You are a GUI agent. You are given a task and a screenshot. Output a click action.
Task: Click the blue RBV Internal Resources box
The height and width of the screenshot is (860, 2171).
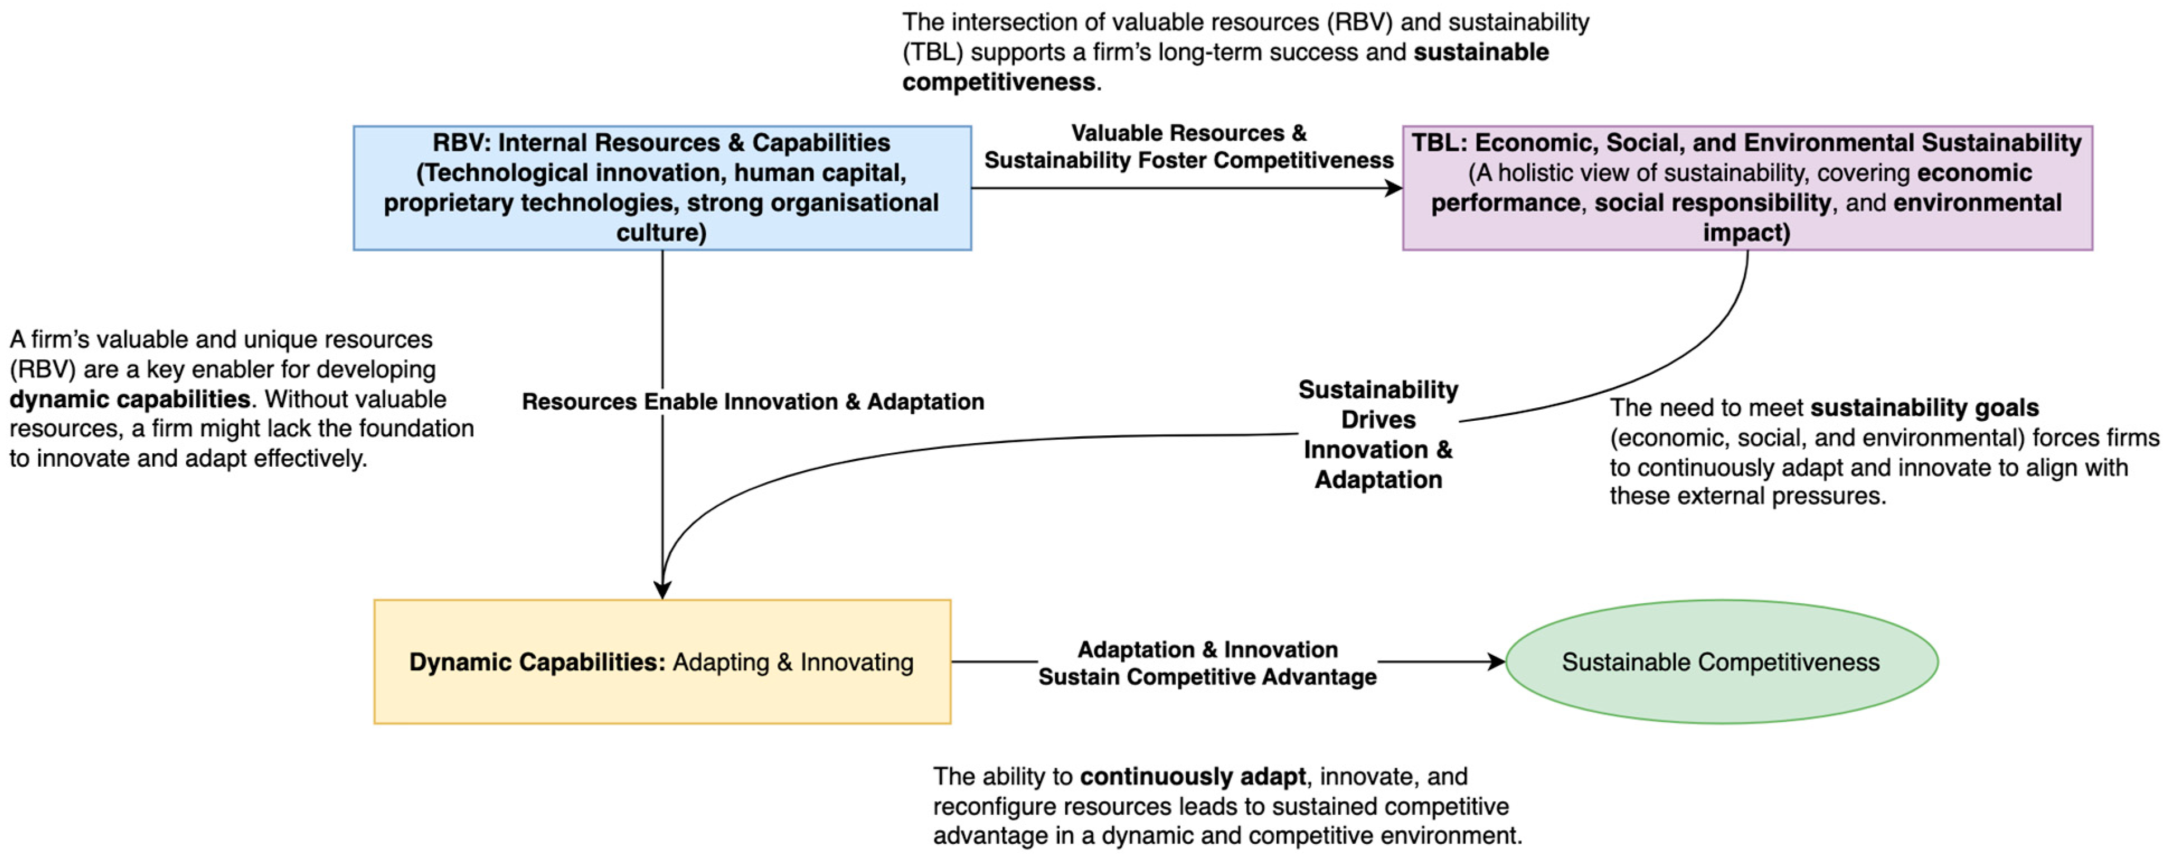[x=662, y=187]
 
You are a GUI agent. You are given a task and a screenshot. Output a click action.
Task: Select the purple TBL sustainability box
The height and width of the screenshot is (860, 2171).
[x=1746, y=187]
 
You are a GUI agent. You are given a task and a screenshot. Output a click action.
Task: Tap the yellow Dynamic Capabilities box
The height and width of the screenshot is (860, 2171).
[x=662, y=662]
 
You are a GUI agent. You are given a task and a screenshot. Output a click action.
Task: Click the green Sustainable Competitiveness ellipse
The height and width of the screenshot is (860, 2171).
[x=1721, y=662]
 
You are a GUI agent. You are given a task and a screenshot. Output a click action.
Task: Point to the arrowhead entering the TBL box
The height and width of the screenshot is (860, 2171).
[x=1395, y=188]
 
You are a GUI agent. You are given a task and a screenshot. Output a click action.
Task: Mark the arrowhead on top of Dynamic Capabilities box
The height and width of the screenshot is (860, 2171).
[x=662, y=589]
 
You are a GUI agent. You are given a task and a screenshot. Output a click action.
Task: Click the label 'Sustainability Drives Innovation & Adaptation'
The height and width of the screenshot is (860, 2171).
[x=1378, y=434]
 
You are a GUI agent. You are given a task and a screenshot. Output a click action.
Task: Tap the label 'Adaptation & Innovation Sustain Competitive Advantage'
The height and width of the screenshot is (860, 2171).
[x=1207, y=662]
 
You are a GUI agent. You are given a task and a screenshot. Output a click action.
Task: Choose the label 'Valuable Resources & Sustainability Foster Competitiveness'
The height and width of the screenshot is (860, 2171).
[x=1188, y=147]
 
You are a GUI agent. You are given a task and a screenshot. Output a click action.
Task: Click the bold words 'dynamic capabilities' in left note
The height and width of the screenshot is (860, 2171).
[x=130, y=399]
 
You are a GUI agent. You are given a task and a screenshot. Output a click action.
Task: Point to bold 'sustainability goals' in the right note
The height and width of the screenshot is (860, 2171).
[x=1924, y=408]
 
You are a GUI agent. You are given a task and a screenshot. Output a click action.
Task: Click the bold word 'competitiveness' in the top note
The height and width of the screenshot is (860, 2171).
[x=999, y=82]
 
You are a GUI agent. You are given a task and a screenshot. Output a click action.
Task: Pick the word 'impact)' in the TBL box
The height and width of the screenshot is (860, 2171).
[x=1746, y=233]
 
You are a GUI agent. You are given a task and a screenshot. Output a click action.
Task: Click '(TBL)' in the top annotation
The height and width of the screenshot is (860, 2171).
[x=932, y=52]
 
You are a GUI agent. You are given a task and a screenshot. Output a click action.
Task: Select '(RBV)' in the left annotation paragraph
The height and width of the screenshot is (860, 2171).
[x=42, y=369]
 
